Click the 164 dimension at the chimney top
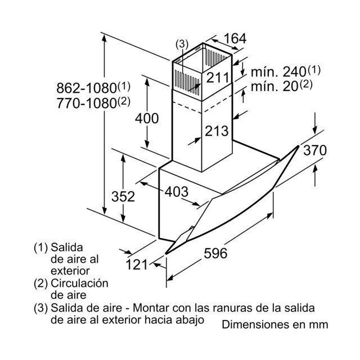coord(235,38)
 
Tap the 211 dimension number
coord(218,78)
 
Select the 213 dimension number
coord(217,131)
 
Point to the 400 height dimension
coord(147,119)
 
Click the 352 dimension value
coord(123,196)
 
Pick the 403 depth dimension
coord(176,191)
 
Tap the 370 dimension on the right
coord(315,150)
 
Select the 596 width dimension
coord(215,253)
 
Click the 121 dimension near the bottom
coord(136,264)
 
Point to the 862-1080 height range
coord(87,88)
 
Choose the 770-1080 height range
coord(87,103)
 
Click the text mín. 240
coord(278,72)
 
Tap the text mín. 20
coord(274,87)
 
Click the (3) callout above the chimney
coord(182,44)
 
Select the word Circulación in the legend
coord(79,283)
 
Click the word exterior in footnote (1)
coord(70,271)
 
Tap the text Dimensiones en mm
coord(275,325)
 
